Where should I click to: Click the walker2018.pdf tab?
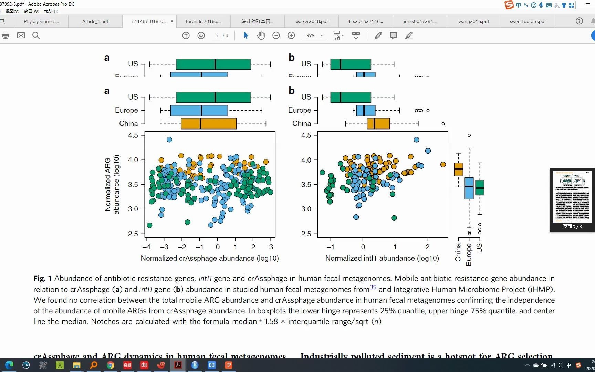point(311,21)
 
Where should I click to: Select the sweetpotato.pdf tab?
point(528,21)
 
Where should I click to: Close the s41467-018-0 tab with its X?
point(172,21)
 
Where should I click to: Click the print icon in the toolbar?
point(6,35)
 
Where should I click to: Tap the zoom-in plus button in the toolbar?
point(291,35)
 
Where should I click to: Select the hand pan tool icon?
point(261,35)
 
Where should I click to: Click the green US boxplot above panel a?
point(213,97)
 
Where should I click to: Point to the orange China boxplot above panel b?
point(378,124)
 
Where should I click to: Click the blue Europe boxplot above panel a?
point(199,111)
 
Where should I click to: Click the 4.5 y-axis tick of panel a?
point(133,135)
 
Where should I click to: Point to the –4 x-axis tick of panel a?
point(146,247)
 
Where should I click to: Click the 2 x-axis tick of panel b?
point(427,247)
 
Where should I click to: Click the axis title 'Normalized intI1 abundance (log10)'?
point(382,258)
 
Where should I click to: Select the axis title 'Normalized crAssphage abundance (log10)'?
point(209,258)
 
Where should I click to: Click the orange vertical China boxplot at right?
point(458,169)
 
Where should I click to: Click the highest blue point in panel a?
point(169,139)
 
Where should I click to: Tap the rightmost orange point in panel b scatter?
point(443,165)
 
